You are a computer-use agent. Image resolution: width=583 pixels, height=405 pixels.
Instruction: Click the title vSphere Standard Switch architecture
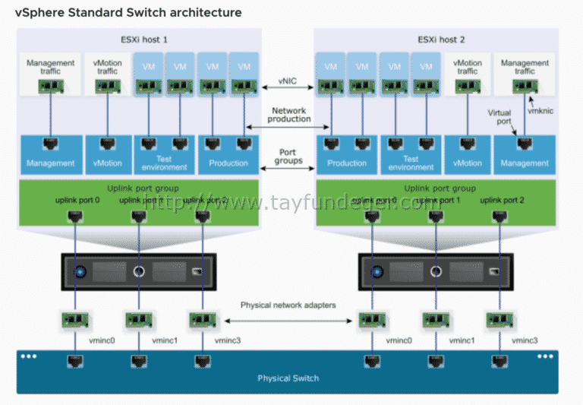[128, 12]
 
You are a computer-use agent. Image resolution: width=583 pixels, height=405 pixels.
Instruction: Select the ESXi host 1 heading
[139, 40]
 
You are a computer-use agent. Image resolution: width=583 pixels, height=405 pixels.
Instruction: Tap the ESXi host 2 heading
[436, 40]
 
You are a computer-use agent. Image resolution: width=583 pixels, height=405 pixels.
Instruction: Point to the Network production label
[291, 115]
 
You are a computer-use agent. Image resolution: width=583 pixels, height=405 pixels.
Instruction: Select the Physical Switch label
[288, 378]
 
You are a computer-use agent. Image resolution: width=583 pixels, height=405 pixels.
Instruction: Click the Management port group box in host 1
[50, 154]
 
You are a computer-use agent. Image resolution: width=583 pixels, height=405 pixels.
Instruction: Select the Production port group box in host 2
[346, 154]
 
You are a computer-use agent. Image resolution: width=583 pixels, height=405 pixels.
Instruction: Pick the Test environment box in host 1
[163, 154]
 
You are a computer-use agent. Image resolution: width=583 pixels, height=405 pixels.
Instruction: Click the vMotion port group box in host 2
[467, 154]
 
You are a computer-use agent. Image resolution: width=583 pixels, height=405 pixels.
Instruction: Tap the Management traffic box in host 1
[50, 74]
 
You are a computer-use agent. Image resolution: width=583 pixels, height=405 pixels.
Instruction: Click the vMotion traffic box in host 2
[467, 74]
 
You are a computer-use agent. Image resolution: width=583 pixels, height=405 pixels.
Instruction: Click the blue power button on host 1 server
[79, 271]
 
